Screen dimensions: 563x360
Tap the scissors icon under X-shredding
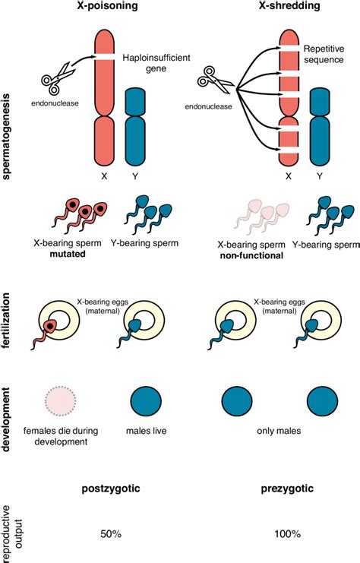click(x=215, y=80)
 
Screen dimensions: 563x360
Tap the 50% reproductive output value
click(x=111, y=534)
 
